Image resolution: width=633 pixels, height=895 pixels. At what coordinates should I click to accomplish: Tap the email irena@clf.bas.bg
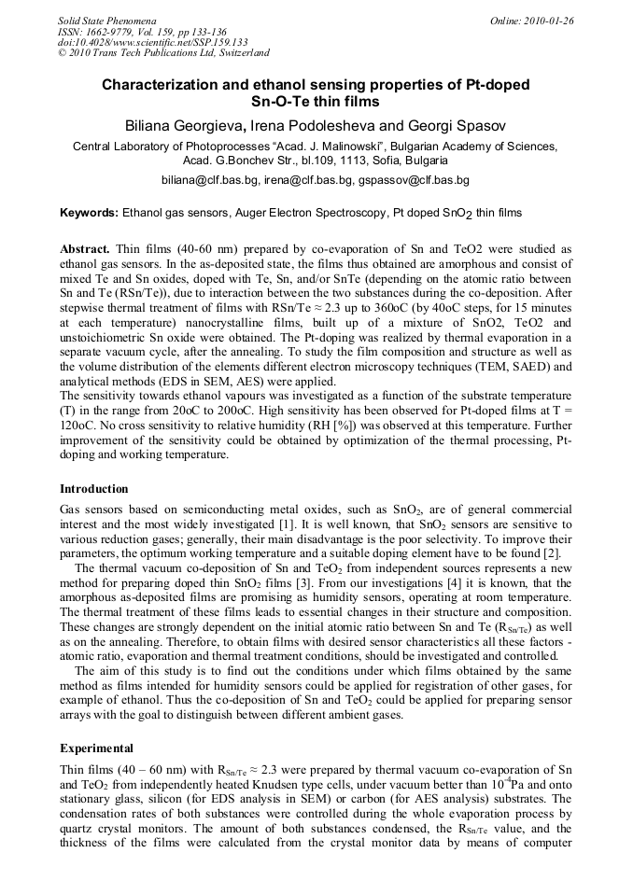(308, 179)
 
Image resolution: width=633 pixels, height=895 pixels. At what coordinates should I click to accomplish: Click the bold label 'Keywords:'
(90, 213)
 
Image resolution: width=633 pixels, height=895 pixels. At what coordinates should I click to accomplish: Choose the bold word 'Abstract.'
(86, 251)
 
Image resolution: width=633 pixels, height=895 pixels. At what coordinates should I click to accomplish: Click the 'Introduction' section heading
(94, 488)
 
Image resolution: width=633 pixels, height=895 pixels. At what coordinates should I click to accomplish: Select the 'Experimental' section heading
(96, 748)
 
